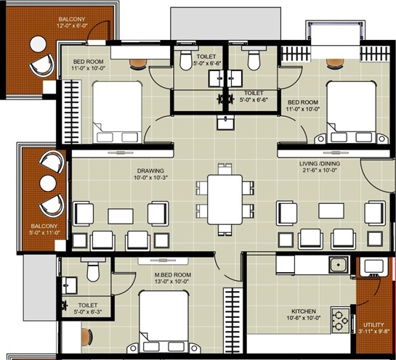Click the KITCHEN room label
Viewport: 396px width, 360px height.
pos(304,311)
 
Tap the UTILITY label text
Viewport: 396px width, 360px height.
pos(373,324)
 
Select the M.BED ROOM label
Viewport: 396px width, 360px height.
pos(173,275)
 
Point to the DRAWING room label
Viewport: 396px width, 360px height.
pos(150,171)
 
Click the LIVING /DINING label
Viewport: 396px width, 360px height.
pos(320,163)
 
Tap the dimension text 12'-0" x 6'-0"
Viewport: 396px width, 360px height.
pos(72,25)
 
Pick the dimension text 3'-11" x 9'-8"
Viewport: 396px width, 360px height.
pos(373,332)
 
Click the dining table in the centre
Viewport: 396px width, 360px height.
pos(225,200)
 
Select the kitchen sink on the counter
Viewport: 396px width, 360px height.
pos(339,265)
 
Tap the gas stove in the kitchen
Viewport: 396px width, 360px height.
pos(340,320)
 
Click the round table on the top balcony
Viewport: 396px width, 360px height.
pos(38,44)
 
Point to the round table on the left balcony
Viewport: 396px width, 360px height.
pos(48,184)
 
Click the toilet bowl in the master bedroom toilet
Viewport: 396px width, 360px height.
pos(93,270)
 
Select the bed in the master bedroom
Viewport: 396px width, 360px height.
pos(163,321)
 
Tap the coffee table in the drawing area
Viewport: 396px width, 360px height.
pos(121,216)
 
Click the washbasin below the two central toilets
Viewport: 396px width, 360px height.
pos(225,123)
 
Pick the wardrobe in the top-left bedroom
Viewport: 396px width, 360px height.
pos(71,112)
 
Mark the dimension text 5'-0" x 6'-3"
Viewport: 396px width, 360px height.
pos(88,311)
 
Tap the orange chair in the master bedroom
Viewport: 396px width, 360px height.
pos(87,337)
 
